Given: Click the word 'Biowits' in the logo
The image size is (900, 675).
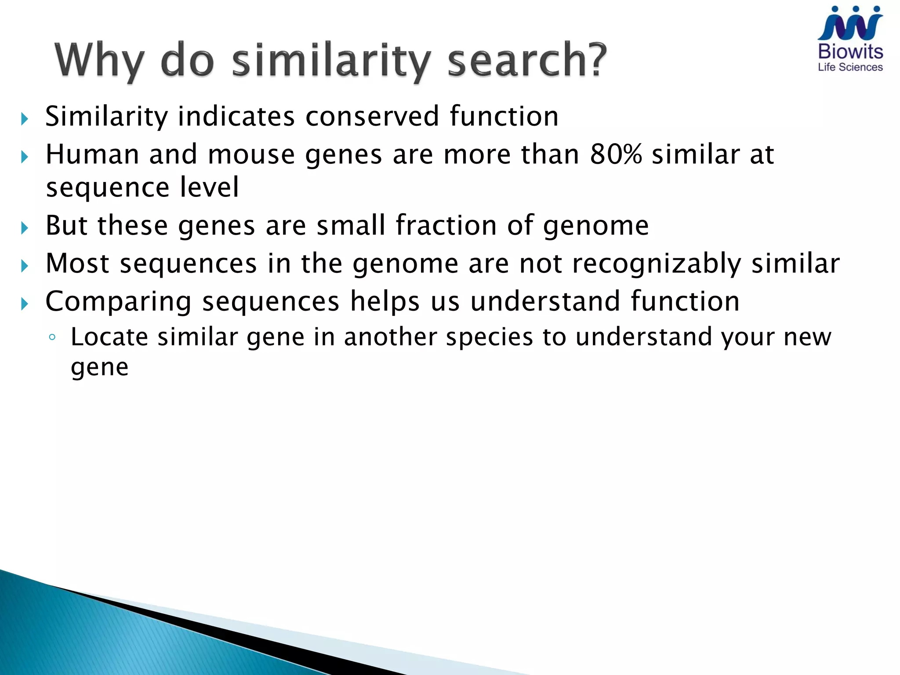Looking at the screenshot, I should [x=850, y=52].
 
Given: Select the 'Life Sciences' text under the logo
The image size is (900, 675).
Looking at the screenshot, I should [x=850, y=67].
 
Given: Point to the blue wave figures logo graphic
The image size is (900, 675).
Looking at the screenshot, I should [x=850, y=25].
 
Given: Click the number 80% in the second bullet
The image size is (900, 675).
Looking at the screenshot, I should [x=616, y=154].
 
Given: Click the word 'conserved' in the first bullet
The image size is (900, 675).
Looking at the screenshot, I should [x=372, y=116].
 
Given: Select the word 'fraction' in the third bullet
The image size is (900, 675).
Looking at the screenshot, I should [x=446, y=225].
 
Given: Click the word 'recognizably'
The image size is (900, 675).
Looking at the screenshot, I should [x=657, y=264].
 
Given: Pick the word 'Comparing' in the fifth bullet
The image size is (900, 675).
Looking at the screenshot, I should [x=119, y=302].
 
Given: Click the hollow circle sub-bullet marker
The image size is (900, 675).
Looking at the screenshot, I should [x=52, y=337].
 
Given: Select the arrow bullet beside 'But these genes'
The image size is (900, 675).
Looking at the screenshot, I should [x=25, y=228].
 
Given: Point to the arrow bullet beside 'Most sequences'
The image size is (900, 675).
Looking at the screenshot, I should [x=25, y=266].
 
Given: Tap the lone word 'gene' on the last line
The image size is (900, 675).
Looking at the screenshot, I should [x=100, y=367].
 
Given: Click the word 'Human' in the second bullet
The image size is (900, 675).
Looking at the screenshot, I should [x=92, y=155].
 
